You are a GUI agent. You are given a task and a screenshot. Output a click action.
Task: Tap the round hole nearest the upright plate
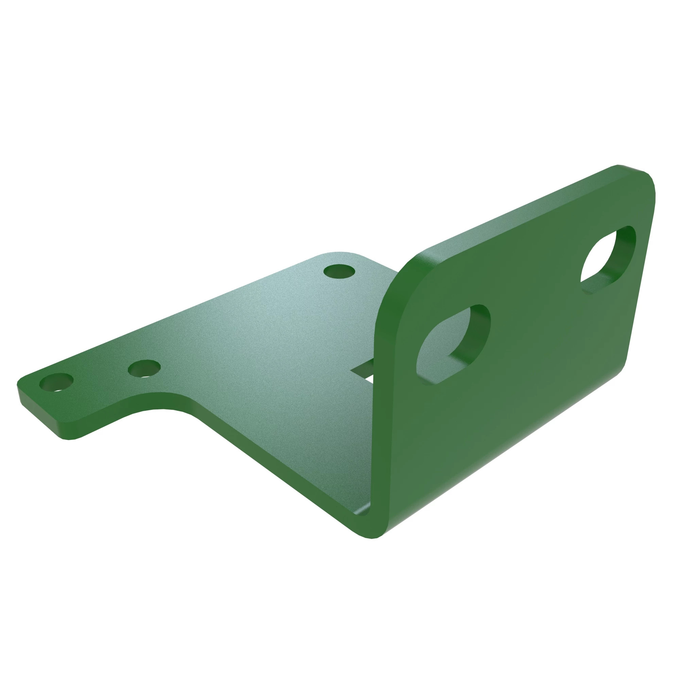tap(339, 272)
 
